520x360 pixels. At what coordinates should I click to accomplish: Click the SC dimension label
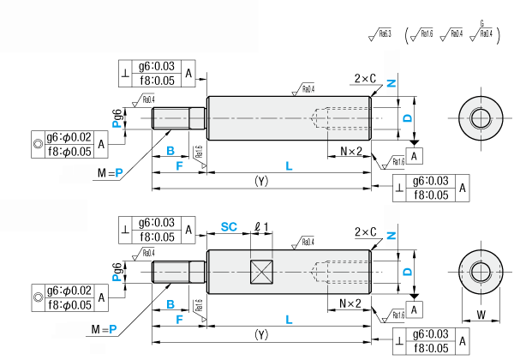click(229, 226)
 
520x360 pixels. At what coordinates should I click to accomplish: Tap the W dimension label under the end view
click(481, 315)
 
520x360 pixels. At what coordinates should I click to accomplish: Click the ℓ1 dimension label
click(262, 226)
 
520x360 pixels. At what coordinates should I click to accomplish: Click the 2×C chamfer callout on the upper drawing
click(365, 78)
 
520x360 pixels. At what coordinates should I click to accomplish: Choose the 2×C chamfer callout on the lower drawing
click(365, 231)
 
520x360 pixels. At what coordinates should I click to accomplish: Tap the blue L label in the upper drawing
click(289, 165)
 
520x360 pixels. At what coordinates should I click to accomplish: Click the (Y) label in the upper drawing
click(261, 181)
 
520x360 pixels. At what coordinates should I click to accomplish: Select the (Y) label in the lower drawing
click(261, 333)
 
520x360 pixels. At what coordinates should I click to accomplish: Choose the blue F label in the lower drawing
click(178, 318)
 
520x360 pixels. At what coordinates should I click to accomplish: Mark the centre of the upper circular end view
click(479, 117)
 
